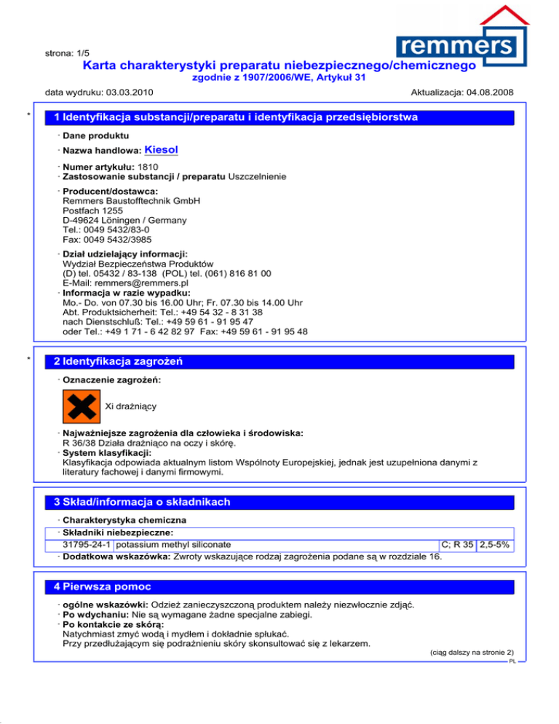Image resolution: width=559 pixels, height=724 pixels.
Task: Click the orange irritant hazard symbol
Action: coord(81,405)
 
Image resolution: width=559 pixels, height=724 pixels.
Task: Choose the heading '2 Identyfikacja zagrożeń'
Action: coord(114,361)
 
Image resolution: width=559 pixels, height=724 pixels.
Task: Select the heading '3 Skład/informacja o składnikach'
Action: coord(138,502)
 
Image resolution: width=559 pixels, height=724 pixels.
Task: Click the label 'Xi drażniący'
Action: coord(131,405)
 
